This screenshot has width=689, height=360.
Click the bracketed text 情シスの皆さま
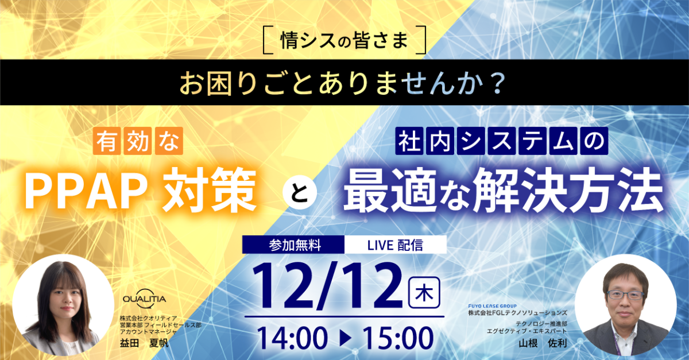[x=344, y=40]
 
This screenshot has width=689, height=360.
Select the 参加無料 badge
[x=294, y=245]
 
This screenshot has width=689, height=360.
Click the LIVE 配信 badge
[x=395, y=245]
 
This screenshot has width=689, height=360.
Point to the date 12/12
[x=328, y=288]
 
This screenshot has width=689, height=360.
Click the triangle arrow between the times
[x=345, y=338]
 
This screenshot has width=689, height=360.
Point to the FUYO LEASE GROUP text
[x=493, y=307]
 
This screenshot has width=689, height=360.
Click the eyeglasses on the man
[x=625, y=295]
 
